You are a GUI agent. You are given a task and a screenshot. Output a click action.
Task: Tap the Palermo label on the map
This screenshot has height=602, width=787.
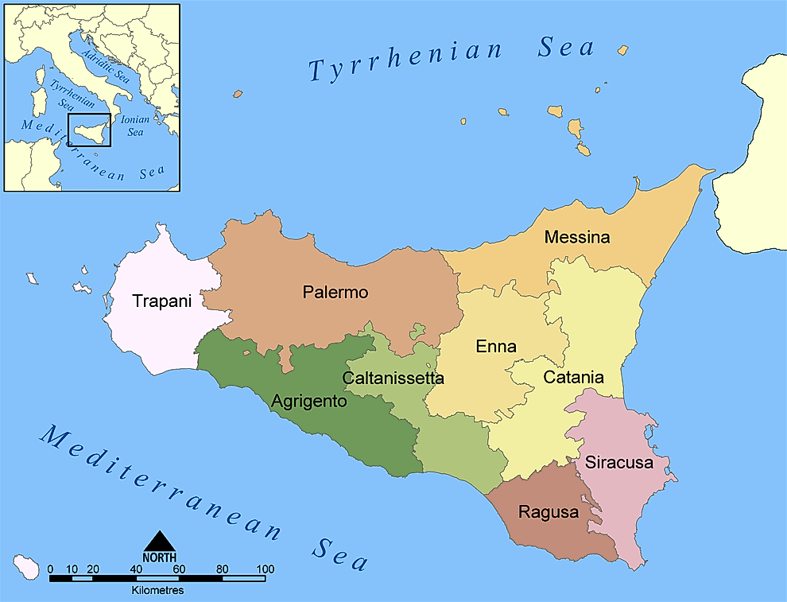(335, 292)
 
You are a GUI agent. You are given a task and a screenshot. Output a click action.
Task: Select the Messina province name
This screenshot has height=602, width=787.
(577, 237)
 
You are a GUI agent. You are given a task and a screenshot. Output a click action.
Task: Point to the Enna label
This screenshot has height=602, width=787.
(496, 347)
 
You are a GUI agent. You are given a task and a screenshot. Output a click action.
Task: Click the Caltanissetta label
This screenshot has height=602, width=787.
(393, 378)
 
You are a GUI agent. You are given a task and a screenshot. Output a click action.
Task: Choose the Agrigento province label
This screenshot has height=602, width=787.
(308, 402)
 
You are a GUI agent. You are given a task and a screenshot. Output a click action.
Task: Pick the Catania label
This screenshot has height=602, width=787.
(573, 378)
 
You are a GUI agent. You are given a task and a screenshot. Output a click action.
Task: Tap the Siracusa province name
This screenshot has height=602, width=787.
(618, 462)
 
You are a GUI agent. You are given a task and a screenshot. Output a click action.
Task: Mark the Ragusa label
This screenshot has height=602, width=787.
(549, 512)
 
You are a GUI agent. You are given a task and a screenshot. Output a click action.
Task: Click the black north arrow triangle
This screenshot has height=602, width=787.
(159, 541)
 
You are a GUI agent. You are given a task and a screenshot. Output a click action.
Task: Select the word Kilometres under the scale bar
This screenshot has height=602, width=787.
(157, 591)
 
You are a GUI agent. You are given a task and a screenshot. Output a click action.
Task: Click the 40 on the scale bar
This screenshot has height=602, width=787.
(136, 569)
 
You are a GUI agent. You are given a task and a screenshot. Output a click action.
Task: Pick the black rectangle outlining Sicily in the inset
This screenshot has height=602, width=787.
(89, 130)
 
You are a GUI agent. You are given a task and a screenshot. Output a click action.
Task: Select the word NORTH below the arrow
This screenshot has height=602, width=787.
(159, 557)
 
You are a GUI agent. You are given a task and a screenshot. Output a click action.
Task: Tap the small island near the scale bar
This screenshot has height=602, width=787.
(29, 568)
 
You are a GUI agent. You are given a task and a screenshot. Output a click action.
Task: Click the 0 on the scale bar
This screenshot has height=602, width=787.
(50, 569)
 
